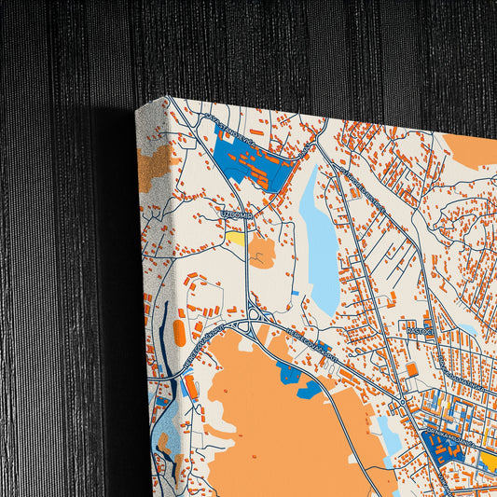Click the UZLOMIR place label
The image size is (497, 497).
[x=236, y=214]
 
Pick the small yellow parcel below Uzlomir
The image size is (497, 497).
[x=236, y=238]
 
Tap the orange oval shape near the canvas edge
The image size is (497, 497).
[x=180, y=331]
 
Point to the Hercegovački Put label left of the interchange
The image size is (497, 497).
[x=201, y=338]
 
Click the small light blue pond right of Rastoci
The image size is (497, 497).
[x=466, y=329]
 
